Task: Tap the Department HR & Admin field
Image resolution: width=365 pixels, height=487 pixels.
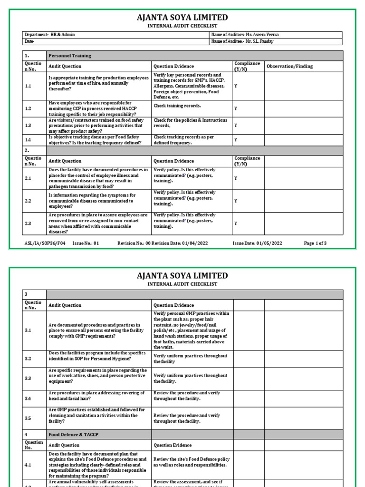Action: pyautogui.click(x=49, y=35)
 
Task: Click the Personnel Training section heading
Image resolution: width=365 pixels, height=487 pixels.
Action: pyautogui.click(x=69, y=56)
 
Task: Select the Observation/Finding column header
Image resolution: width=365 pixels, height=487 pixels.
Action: pyautogui.click(x=289, y=67)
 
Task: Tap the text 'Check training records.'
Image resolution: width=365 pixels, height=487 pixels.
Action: pyautogui.click(x=177, y=106)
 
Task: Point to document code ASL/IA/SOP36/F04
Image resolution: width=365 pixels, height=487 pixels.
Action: pyautogui.click(x=45, y=243)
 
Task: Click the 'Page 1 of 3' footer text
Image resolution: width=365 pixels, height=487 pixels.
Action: pyautogui.click(x=315, y=243)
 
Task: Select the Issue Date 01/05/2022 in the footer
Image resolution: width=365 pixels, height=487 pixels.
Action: pyautogui.click(x=257, y=243)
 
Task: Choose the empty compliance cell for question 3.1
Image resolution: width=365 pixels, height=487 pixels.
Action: pyautogui.click(x=249, y=331)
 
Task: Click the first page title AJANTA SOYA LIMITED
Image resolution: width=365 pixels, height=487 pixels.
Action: pyautogui.click(x=182, y=18)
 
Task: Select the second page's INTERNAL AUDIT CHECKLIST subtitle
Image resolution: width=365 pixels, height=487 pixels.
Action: pyautogui.click(x=182, y=284)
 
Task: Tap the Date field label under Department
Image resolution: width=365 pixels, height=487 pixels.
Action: pyautogui.click(x=29, y=41)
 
